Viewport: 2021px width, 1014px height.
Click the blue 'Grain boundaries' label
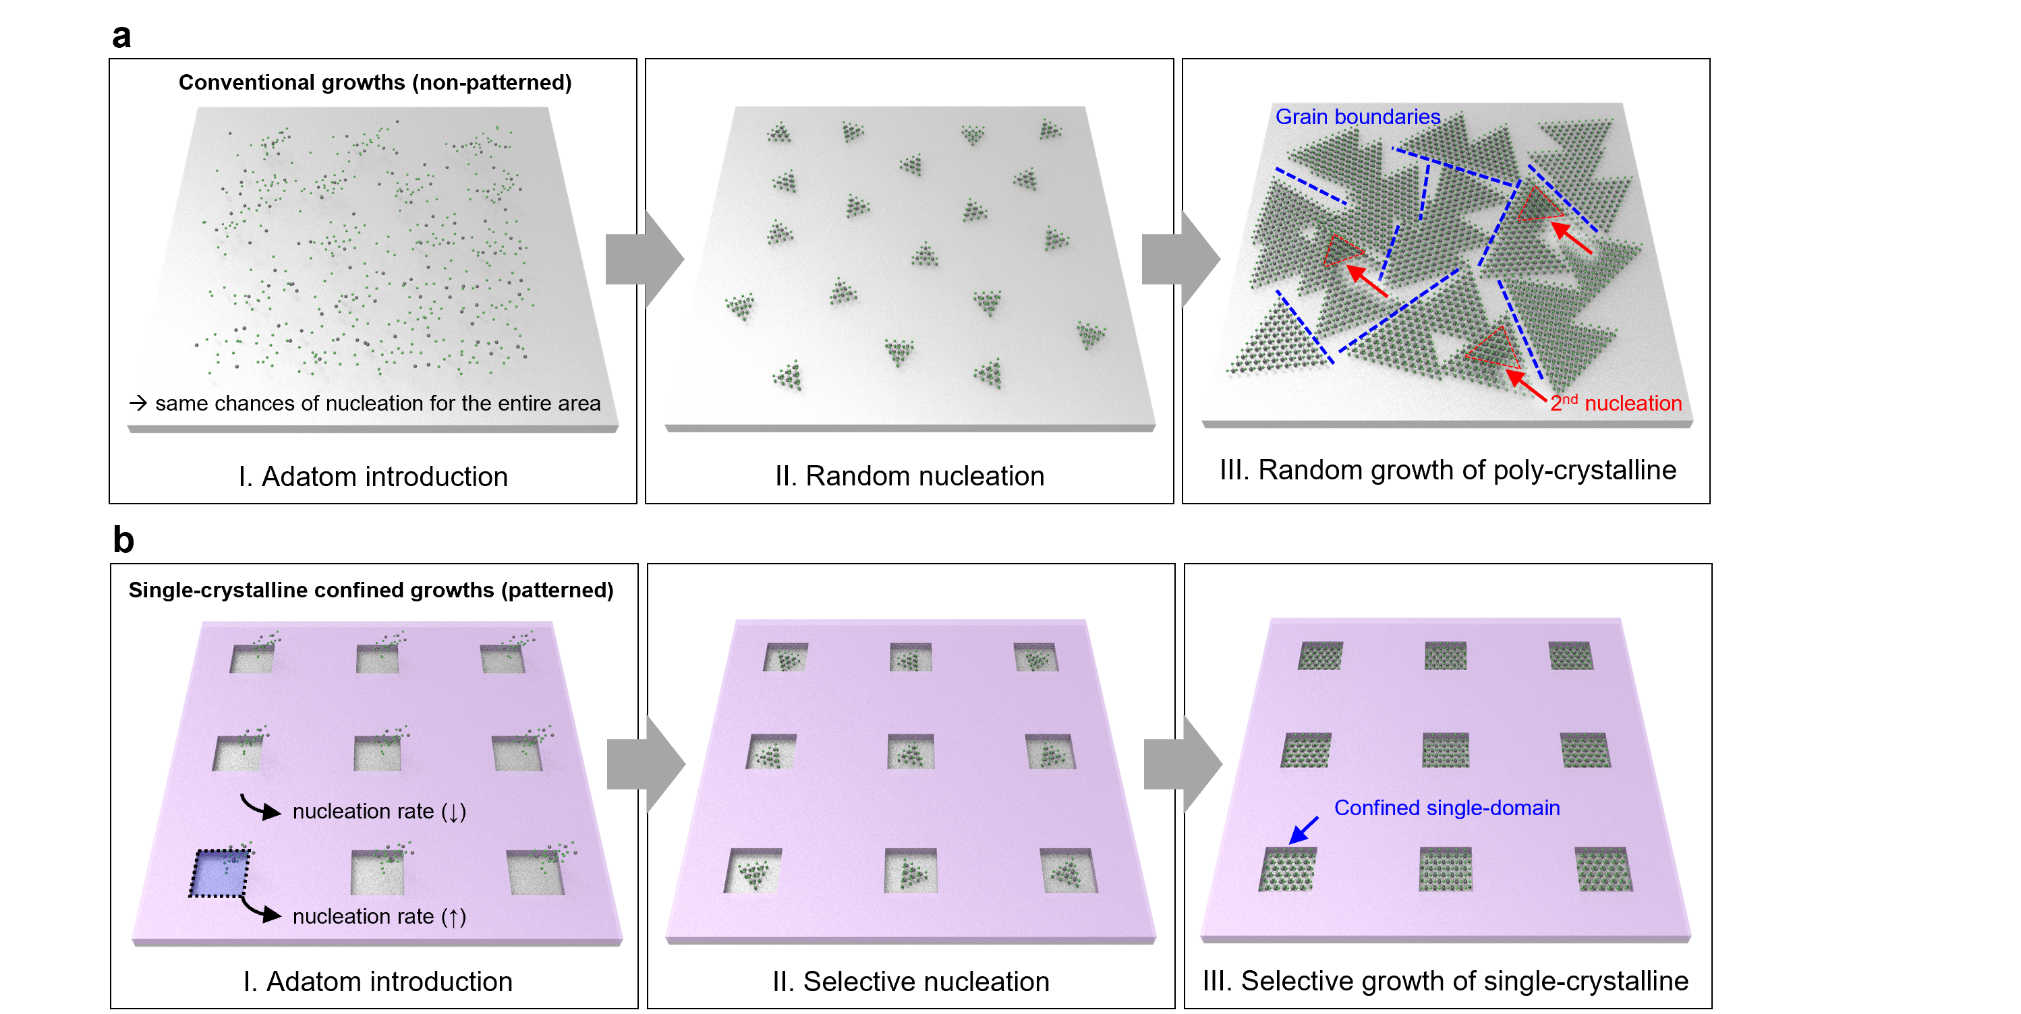click(x=1357, y=117)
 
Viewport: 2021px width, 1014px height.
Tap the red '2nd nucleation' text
click(x=1616, y=403)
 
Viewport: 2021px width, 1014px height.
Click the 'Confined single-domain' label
click(x=1447, y=808)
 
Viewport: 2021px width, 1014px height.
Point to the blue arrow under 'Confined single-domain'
click(x=1304, y=831)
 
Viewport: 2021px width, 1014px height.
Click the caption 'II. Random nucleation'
click(x=909, y=476)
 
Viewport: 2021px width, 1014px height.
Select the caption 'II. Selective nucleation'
click(x=910, y=981)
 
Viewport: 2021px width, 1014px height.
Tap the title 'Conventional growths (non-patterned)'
click(x=375, y=82)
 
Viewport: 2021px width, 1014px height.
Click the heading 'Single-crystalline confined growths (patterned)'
click(x=371, y=590)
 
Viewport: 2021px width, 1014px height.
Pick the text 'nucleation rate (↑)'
click(x=379, y=916)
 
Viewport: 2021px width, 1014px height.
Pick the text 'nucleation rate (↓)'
click(x=379, y=811)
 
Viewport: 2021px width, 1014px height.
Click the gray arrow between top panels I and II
click(x=644, y=260)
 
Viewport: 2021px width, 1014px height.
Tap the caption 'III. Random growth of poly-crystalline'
click(x=1448, y=470)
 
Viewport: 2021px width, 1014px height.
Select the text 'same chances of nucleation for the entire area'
click(x=377, y=403)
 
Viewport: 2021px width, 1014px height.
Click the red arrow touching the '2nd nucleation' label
click(x=1526, y=384)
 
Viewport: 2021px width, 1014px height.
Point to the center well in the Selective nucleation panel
click(x=910, y=751)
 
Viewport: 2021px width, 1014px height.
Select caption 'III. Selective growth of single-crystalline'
click(x=1445, y=981)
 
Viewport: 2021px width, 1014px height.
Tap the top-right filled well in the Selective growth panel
click(x=1570, y=655)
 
